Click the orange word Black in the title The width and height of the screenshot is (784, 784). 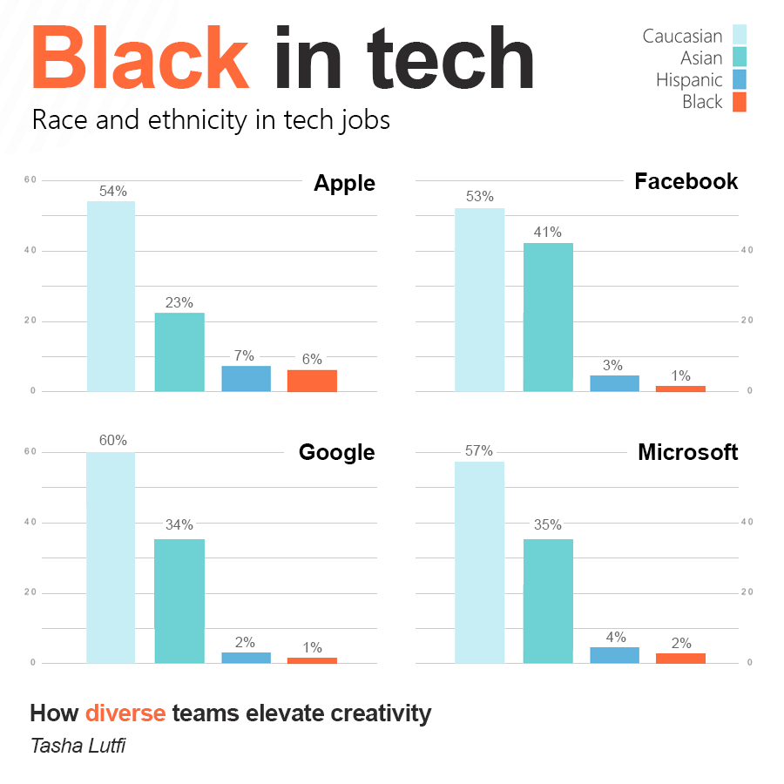tap(141, 59)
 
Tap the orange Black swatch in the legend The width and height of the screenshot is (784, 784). tap(739, 102)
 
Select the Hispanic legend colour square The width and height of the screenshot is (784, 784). tap(739, 80)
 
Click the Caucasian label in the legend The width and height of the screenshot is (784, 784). tap(682, 36)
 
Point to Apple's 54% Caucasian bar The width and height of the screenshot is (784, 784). tap(112, 296)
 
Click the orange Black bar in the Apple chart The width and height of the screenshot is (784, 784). tap(312, 381)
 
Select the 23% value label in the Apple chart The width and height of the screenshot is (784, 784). tap(179, 303)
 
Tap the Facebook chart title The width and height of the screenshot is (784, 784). tap(686, 181)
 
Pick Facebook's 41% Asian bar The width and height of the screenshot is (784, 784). tap(548, 317)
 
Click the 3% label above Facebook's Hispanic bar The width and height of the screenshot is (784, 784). tap(613, 365)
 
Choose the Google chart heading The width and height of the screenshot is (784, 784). tap(336, 452)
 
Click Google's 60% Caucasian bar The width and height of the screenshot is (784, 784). tap(112, 558)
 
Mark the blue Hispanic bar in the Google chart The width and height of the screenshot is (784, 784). tap(246, 658)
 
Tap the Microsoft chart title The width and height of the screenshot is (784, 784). tap(687, 452)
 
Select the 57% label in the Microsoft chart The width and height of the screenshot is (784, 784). tap(479, 451)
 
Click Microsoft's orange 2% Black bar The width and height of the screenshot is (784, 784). tap(680, 658)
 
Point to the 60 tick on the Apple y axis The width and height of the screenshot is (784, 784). tap(30, 180)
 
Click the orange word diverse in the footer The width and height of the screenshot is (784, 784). tap(125, 713)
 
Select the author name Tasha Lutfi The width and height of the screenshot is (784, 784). tap(78, 746)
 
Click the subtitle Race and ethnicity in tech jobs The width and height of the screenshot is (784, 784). tap(211, 120)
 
